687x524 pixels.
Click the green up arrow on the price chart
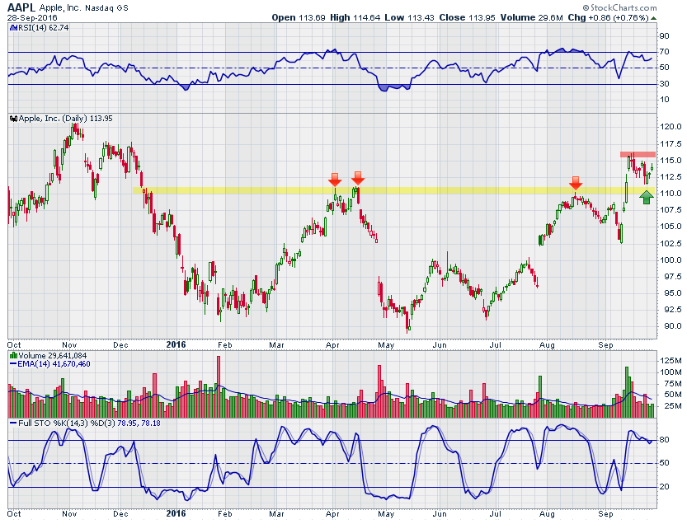(x=647, y=196)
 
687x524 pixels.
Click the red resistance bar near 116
(x=638, y=154)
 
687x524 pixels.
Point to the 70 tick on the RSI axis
(x=663, y=52)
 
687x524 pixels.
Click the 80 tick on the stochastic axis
(x=663, y=440)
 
